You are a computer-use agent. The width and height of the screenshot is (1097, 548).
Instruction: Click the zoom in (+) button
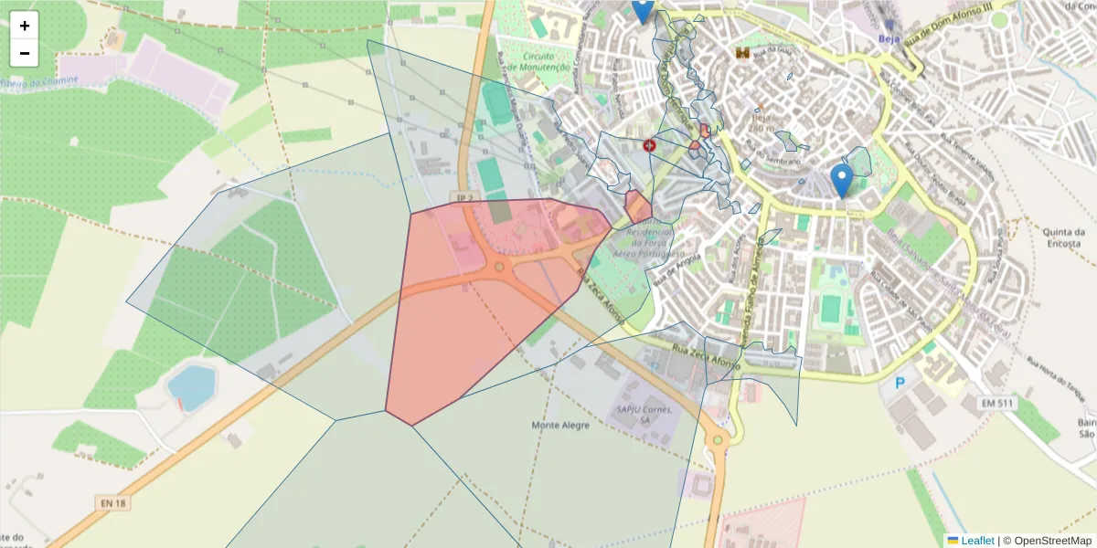point(25,26)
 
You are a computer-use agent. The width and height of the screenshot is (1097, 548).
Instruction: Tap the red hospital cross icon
point(650,145)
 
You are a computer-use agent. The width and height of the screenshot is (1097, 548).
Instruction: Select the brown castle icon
point(742,54)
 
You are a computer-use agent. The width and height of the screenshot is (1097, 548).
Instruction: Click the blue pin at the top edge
point(643,9)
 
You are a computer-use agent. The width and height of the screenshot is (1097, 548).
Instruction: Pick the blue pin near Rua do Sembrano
point(842,180)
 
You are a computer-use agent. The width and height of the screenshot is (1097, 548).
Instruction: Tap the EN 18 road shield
point(107,502)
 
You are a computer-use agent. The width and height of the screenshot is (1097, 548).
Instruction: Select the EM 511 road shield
point(998,403)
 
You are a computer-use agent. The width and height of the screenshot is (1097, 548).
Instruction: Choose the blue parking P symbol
point(900,384)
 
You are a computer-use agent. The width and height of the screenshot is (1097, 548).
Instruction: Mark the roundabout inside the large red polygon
point(498,269)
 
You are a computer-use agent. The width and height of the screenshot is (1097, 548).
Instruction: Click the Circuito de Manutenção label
point(540,61)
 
